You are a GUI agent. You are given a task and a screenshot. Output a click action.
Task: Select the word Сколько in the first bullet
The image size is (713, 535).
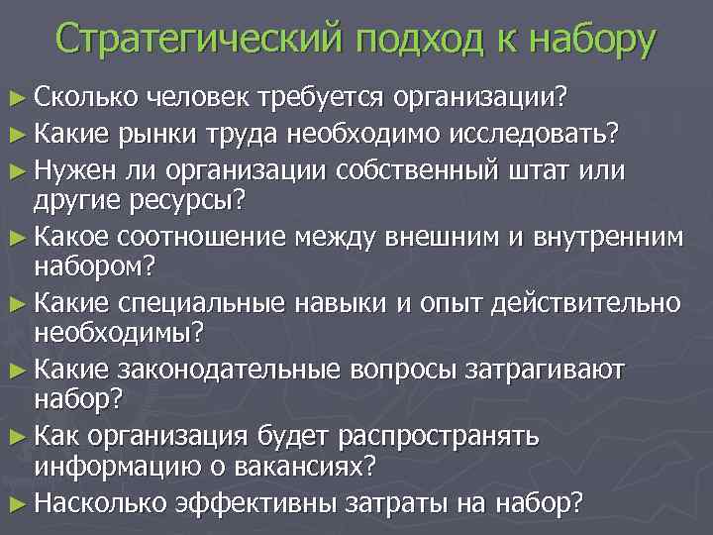click(x=85, y=97)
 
